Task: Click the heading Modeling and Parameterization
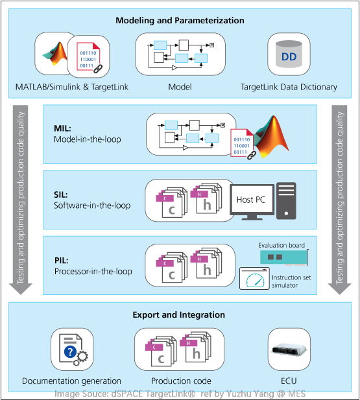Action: click(180, 20)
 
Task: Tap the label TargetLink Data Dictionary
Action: click(289, 87)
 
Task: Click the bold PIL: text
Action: click(63, 260)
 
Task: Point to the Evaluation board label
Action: click(281, 245)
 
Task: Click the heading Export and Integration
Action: click(180, 315)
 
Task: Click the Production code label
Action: click(180, 381)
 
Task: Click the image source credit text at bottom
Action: click(180, 394)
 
